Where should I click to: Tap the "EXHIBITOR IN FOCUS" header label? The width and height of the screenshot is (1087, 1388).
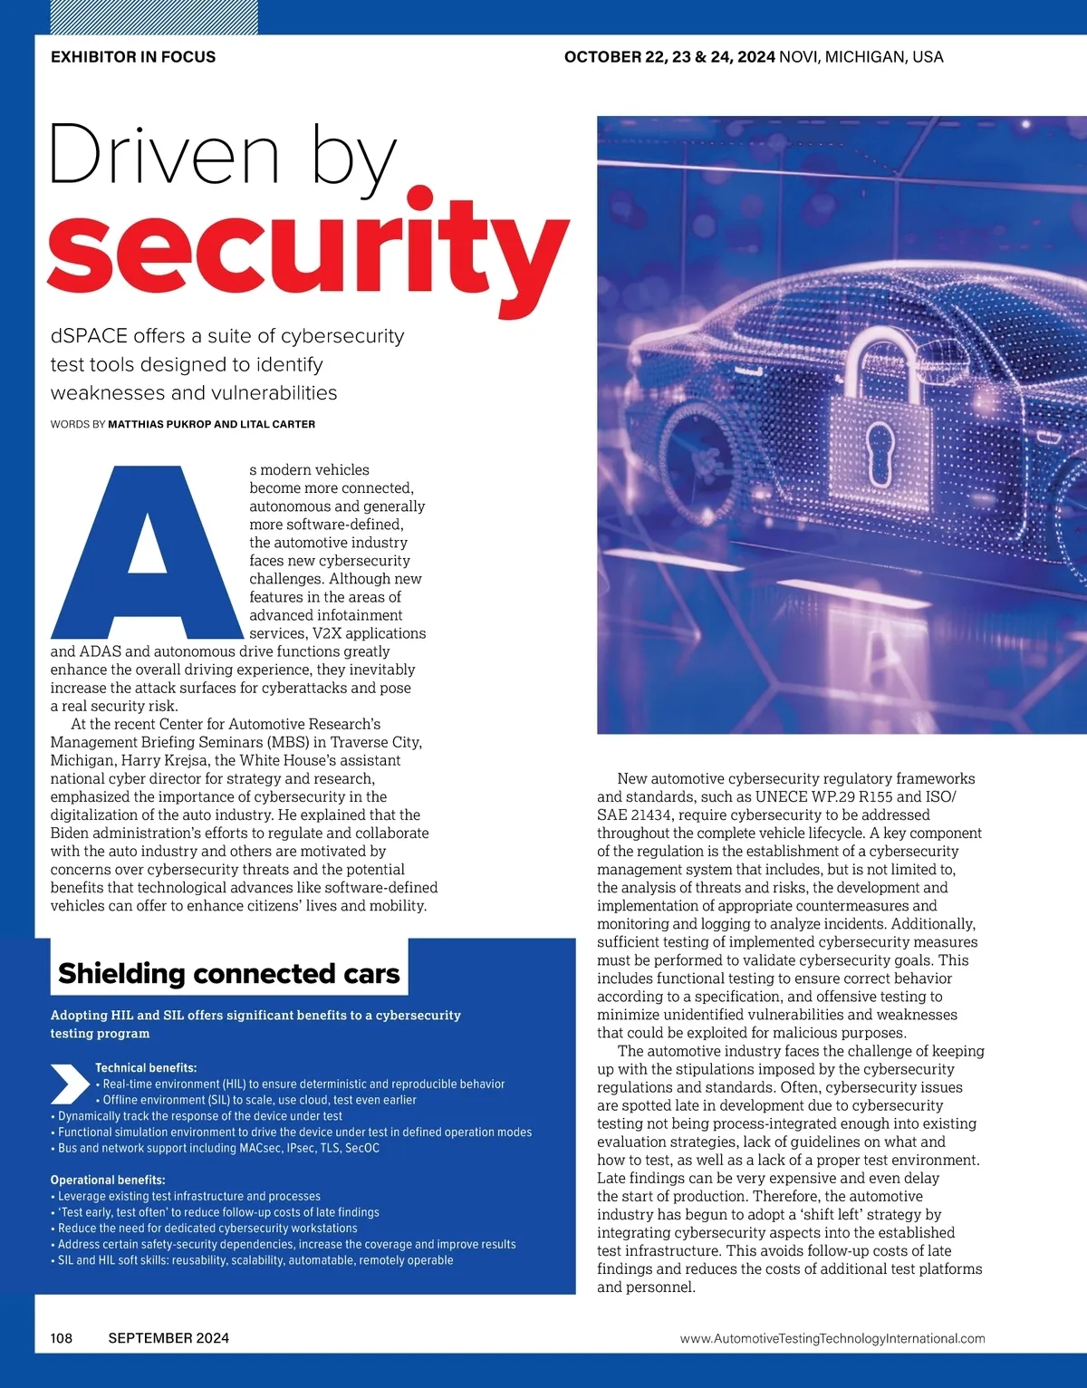point(133,57)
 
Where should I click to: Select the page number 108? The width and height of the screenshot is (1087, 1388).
point(62,1338)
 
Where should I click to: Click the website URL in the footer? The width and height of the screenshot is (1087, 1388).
point(832,1338)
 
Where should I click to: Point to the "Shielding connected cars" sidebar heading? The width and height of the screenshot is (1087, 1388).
point(228,973)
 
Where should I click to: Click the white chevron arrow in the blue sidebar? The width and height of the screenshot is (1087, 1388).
point(70,1083)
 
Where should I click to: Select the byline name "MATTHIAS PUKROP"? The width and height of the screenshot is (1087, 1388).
point(159,424)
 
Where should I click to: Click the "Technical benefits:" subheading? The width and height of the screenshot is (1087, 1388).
point(146,1068)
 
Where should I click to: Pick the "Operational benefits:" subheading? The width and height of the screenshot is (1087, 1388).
point(108,1181)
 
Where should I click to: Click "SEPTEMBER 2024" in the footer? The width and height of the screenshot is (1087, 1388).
point(168,1338)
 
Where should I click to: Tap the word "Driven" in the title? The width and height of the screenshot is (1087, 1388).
point(163,156)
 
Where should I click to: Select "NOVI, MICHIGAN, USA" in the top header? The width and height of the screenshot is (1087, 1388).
point(861,57)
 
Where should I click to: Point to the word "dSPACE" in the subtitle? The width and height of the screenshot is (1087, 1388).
point(89,336)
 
